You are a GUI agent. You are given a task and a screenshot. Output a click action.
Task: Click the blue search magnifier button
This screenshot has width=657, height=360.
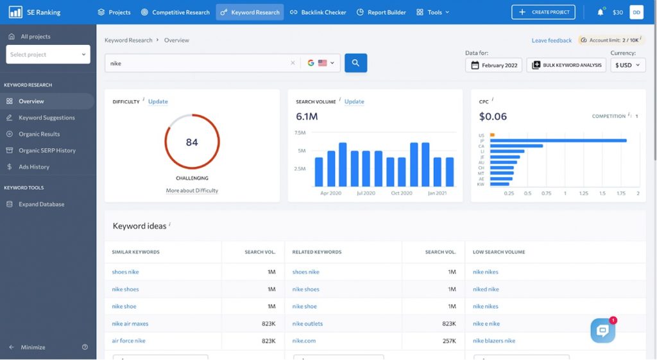tap(355, 63)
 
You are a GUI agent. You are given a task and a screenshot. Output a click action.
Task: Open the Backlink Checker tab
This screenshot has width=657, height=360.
tap(318, 12)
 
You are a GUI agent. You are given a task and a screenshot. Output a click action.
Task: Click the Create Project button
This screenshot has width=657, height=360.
tap(543, 12)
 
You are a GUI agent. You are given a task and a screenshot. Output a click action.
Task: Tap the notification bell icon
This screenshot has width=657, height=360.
tap(601, 12)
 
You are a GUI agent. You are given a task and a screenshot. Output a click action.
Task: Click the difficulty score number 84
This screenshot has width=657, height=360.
tap(192, 142)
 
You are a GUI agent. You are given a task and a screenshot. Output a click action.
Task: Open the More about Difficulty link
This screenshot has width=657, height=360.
tap(192, 191)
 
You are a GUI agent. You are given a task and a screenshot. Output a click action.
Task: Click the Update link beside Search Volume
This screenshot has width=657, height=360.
tap(354, 101)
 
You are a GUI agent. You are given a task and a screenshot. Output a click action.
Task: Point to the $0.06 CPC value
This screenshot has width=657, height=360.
tap(493, 116)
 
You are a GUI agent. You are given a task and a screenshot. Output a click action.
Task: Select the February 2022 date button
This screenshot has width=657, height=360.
tap(493, 65)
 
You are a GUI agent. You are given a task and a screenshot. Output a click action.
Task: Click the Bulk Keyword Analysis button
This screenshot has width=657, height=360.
tap(566, 65)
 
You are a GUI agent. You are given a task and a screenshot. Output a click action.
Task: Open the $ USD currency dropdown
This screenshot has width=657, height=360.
tap(627, 65)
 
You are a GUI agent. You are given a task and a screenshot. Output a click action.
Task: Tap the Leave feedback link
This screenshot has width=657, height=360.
tap(551, 40)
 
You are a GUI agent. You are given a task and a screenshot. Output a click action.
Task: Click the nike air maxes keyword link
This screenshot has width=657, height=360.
tap(130, 323)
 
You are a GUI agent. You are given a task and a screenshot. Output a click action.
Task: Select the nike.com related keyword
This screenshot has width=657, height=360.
tap(303, 341)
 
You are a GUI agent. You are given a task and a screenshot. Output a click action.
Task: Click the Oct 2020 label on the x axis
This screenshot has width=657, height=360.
tap(402, 193)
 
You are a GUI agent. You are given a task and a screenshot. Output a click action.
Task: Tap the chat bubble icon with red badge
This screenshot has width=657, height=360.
tap(603, 330)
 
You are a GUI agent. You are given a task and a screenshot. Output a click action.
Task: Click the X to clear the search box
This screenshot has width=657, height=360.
tap(293, 63)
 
